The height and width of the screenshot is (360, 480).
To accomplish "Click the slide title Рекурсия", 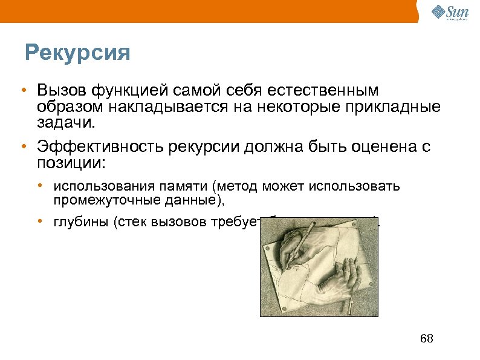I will pyautogui.click(x=77, y=53).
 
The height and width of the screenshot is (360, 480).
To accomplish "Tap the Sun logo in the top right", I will pyautogui.click(x=449, y=13).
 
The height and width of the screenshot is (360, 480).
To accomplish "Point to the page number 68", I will pyautogui.click(x=426, y=338).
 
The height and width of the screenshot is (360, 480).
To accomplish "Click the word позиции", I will pyautogui.click(x=70, y=163).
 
